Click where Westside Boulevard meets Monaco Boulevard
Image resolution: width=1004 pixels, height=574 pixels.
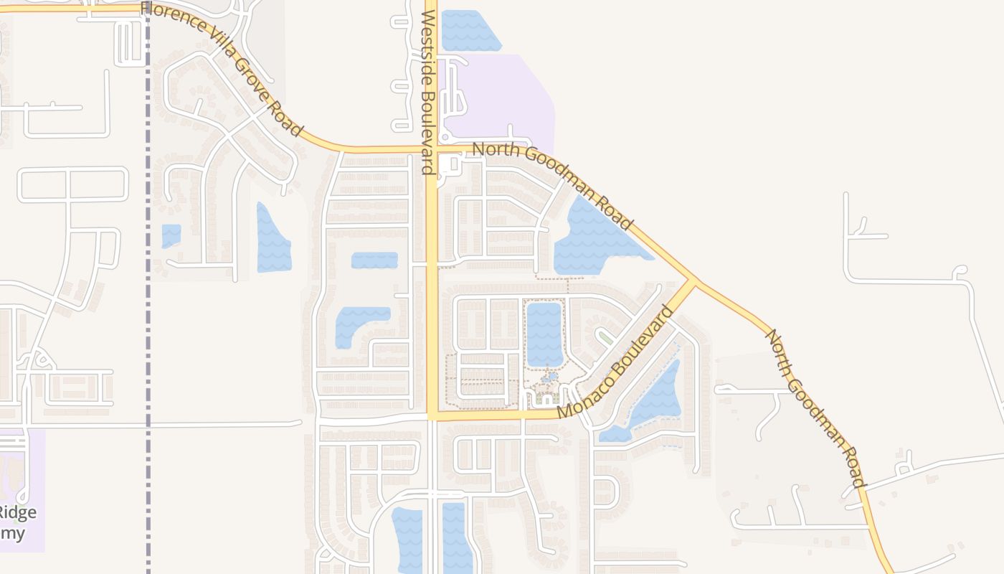click(x=432, y=415)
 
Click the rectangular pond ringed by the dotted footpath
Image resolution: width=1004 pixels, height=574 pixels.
click(x=544, y=334)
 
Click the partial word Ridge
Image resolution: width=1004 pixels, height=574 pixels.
click(x=18, y=512)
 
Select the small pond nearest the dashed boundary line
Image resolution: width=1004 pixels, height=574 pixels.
click(x=171, y=235)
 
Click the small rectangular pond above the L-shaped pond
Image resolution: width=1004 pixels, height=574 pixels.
click(x=374, y=260)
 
